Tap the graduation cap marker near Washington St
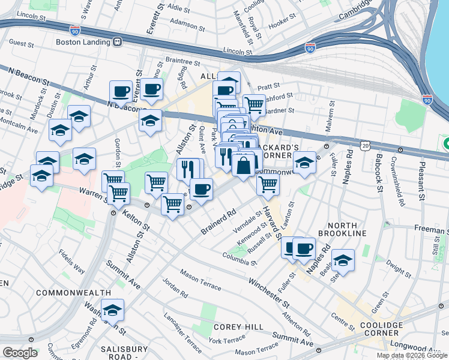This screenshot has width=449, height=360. click(112, 310)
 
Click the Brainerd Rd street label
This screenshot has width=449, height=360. click(218, 222)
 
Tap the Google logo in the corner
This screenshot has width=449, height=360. click(20, 353)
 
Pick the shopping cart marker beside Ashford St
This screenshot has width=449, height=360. click(255, 104)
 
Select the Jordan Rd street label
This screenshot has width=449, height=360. click(175, 289)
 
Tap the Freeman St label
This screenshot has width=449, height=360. click(430, 230)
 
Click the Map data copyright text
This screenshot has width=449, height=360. click(412, 355)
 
